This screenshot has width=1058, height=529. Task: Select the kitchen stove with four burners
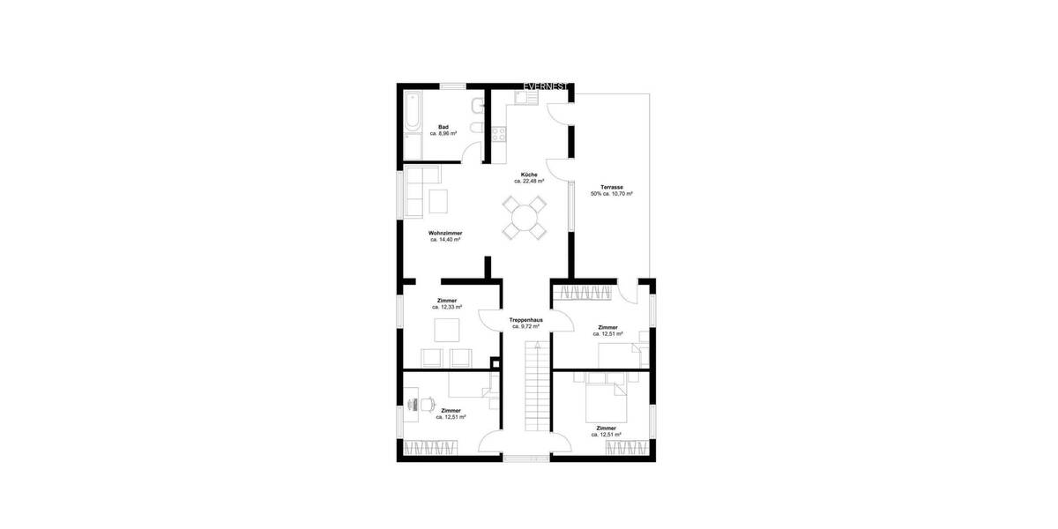click(499, 134)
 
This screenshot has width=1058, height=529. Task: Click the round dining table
click(525, 217)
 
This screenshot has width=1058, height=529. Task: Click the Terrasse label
click(612, 187)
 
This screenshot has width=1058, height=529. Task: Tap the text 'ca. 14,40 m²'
click(446, 240)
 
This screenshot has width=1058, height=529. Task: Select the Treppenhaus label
click(525, 319)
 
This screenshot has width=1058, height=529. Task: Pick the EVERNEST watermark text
click(548, 86)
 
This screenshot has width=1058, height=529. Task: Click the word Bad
click(443, 127)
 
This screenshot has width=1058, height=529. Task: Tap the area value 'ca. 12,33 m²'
click(447, 308)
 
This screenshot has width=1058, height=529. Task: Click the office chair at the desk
click(425, 404)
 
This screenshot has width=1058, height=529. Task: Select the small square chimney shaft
click(495, 362)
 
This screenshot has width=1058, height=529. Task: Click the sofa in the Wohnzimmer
click(413, 190)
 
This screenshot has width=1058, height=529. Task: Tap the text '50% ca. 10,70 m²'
click(612, 194)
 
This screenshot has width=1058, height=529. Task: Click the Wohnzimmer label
click(446, 233)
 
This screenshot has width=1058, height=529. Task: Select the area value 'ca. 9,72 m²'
click(525, 326)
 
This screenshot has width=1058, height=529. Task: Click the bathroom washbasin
click(476, 107)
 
